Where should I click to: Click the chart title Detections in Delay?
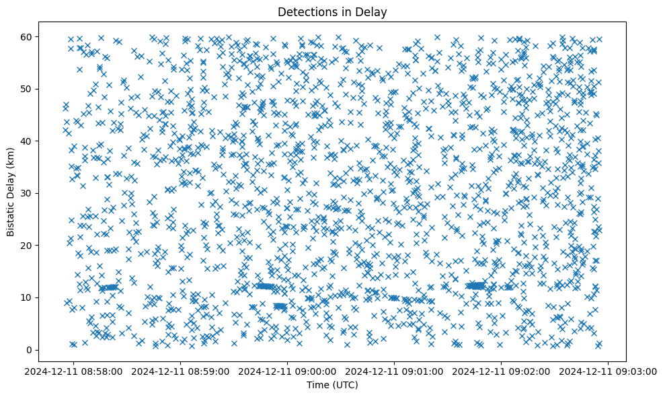332,12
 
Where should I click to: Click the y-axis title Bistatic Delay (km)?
11,192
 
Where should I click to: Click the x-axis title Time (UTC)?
332,385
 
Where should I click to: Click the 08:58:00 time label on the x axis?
75,370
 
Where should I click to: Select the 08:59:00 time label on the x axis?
182,370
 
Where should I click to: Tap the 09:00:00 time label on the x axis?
288,370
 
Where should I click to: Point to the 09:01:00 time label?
395,370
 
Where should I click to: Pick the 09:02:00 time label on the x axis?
502,370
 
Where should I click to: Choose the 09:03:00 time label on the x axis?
609,370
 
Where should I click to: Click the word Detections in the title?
306,12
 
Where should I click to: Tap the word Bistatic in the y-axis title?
11,216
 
